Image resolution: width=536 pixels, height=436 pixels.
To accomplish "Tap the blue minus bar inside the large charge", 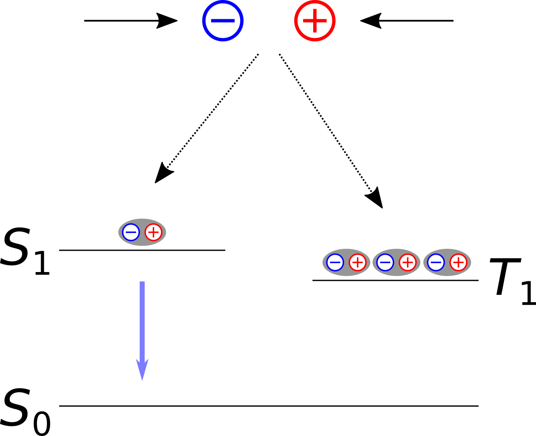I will click(x=223, y=20).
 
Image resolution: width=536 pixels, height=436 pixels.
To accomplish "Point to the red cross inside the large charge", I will click(x=315, y=20).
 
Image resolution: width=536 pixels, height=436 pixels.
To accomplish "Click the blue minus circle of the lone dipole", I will click(x=131, y=232).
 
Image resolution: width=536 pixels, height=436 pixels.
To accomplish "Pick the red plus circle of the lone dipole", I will click(x=153, y=232).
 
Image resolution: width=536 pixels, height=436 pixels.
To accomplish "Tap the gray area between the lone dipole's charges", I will click(x=142, y=232).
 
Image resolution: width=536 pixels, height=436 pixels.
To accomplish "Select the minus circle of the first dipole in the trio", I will click(x=335, y=262).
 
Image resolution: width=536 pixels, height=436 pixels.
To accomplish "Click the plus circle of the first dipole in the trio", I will click(x=357, y=262).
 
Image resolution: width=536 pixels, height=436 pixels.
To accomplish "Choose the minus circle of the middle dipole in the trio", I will click(x=385, y=262).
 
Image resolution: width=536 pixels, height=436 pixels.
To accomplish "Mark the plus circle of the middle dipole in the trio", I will click(x=408, y=262).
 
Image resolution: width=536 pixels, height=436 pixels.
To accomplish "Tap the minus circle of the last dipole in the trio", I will click(x=436, y=262).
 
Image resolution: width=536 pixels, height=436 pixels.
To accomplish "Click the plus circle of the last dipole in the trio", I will click(x=458, y=262).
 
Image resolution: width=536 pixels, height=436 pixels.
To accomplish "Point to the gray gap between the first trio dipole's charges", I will click(x=346, y=262).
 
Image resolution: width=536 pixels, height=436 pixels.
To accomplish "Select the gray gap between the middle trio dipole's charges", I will click(x=396, y=262).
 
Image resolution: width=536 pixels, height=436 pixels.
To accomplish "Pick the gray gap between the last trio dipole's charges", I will click(x=447, y=262).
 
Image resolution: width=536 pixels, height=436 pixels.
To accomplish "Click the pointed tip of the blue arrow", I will click(x=142, y=379).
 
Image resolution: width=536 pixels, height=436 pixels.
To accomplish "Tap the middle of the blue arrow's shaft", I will click(x=142, y=321).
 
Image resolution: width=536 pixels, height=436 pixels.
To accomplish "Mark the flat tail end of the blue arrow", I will click(x=142, y=282).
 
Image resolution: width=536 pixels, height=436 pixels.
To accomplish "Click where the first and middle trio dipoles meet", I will click(x=371, y=262).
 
